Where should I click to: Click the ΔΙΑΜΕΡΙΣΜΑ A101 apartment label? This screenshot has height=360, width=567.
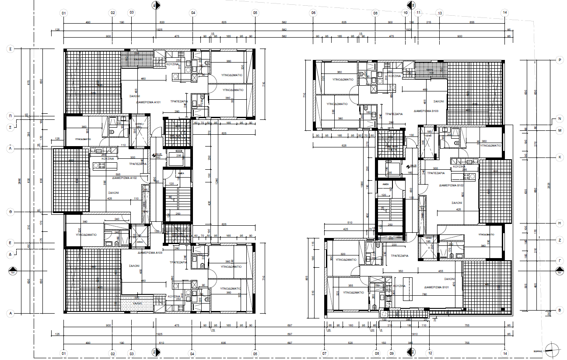(149, 102)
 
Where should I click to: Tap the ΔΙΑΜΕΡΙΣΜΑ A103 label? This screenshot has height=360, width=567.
(150, 253)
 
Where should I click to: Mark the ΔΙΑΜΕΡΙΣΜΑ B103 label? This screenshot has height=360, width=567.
(426, 111)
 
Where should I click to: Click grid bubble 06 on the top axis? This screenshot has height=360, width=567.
(313, 13)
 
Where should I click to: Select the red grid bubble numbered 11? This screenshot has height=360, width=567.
(419, 13)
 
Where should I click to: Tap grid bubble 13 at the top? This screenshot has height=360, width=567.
(439, 13)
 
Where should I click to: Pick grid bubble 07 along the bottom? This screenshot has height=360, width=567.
(324, 353)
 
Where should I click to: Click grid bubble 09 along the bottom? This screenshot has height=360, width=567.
(392, 353)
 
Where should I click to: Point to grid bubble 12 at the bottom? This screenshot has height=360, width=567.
(430, 353)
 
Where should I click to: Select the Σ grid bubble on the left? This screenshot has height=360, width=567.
(10, 49)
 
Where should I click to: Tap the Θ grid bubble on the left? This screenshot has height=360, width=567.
(10, 212)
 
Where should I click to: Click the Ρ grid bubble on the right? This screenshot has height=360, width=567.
(559, 59)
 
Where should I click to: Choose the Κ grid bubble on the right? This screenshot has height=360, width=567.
(559, 157)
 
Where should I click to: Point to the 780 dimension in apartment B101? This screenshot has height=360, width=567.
(424, 294)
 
